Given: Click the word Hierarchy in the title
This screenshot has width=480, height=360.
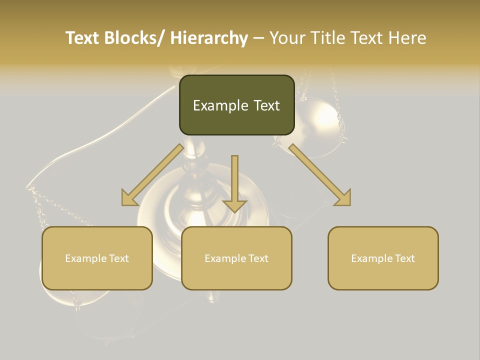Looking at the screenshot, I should (x=209, y=38).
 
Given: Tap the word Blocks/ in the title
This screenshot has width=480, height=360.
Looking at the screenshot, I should (x=134, y=38).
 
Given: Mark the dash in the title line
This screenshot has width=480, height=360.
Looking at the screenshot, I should (x=258, y=38).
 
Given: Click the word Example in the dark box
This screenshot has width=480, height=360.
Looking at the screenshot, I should (x=220, y=105).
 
